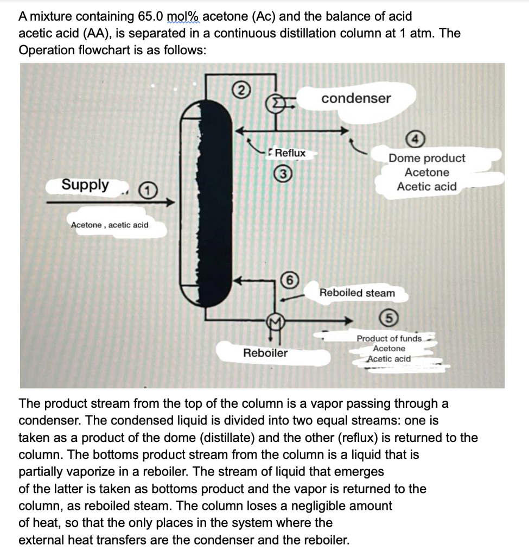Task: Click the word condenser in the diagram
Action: tap(355, 98)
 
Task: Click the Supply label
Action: tap(85, 185)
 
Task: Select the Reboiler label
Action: tap(265, 353)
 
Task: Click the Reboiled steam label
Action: tap(357, 293)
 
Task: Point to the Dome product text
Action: tap(427, 158)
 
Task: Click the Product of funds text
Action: tap(389, 338)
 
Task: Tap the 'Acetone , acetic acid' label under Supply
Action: tap(110, 225)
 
